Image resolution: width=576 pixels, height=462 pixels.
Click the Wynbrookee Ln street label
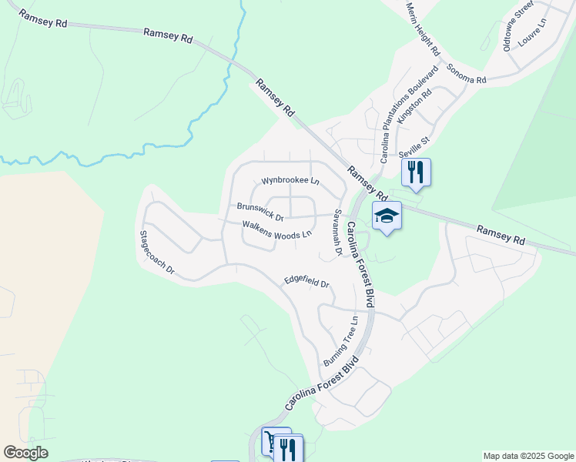[x=290, y=182]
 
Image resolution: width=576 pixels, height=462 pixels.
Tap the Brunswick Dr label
[x=260, y=208]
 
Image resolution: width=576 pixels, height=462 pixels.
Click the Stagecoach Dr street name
[x=157, y=253]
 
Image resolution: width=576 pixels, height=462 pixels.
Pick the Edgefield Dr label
[x=306, y=281]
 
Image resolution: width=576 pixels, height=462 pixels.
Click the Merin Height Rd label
[x=424, y=28]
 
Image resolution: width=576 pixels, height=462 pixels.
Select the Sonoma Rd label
[x=467, y=76]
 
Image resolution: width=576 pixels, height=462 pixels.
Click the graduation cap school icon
[x=387, y=216]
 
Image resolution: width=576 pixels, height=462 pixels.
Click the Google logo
[x=25, y=453]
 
